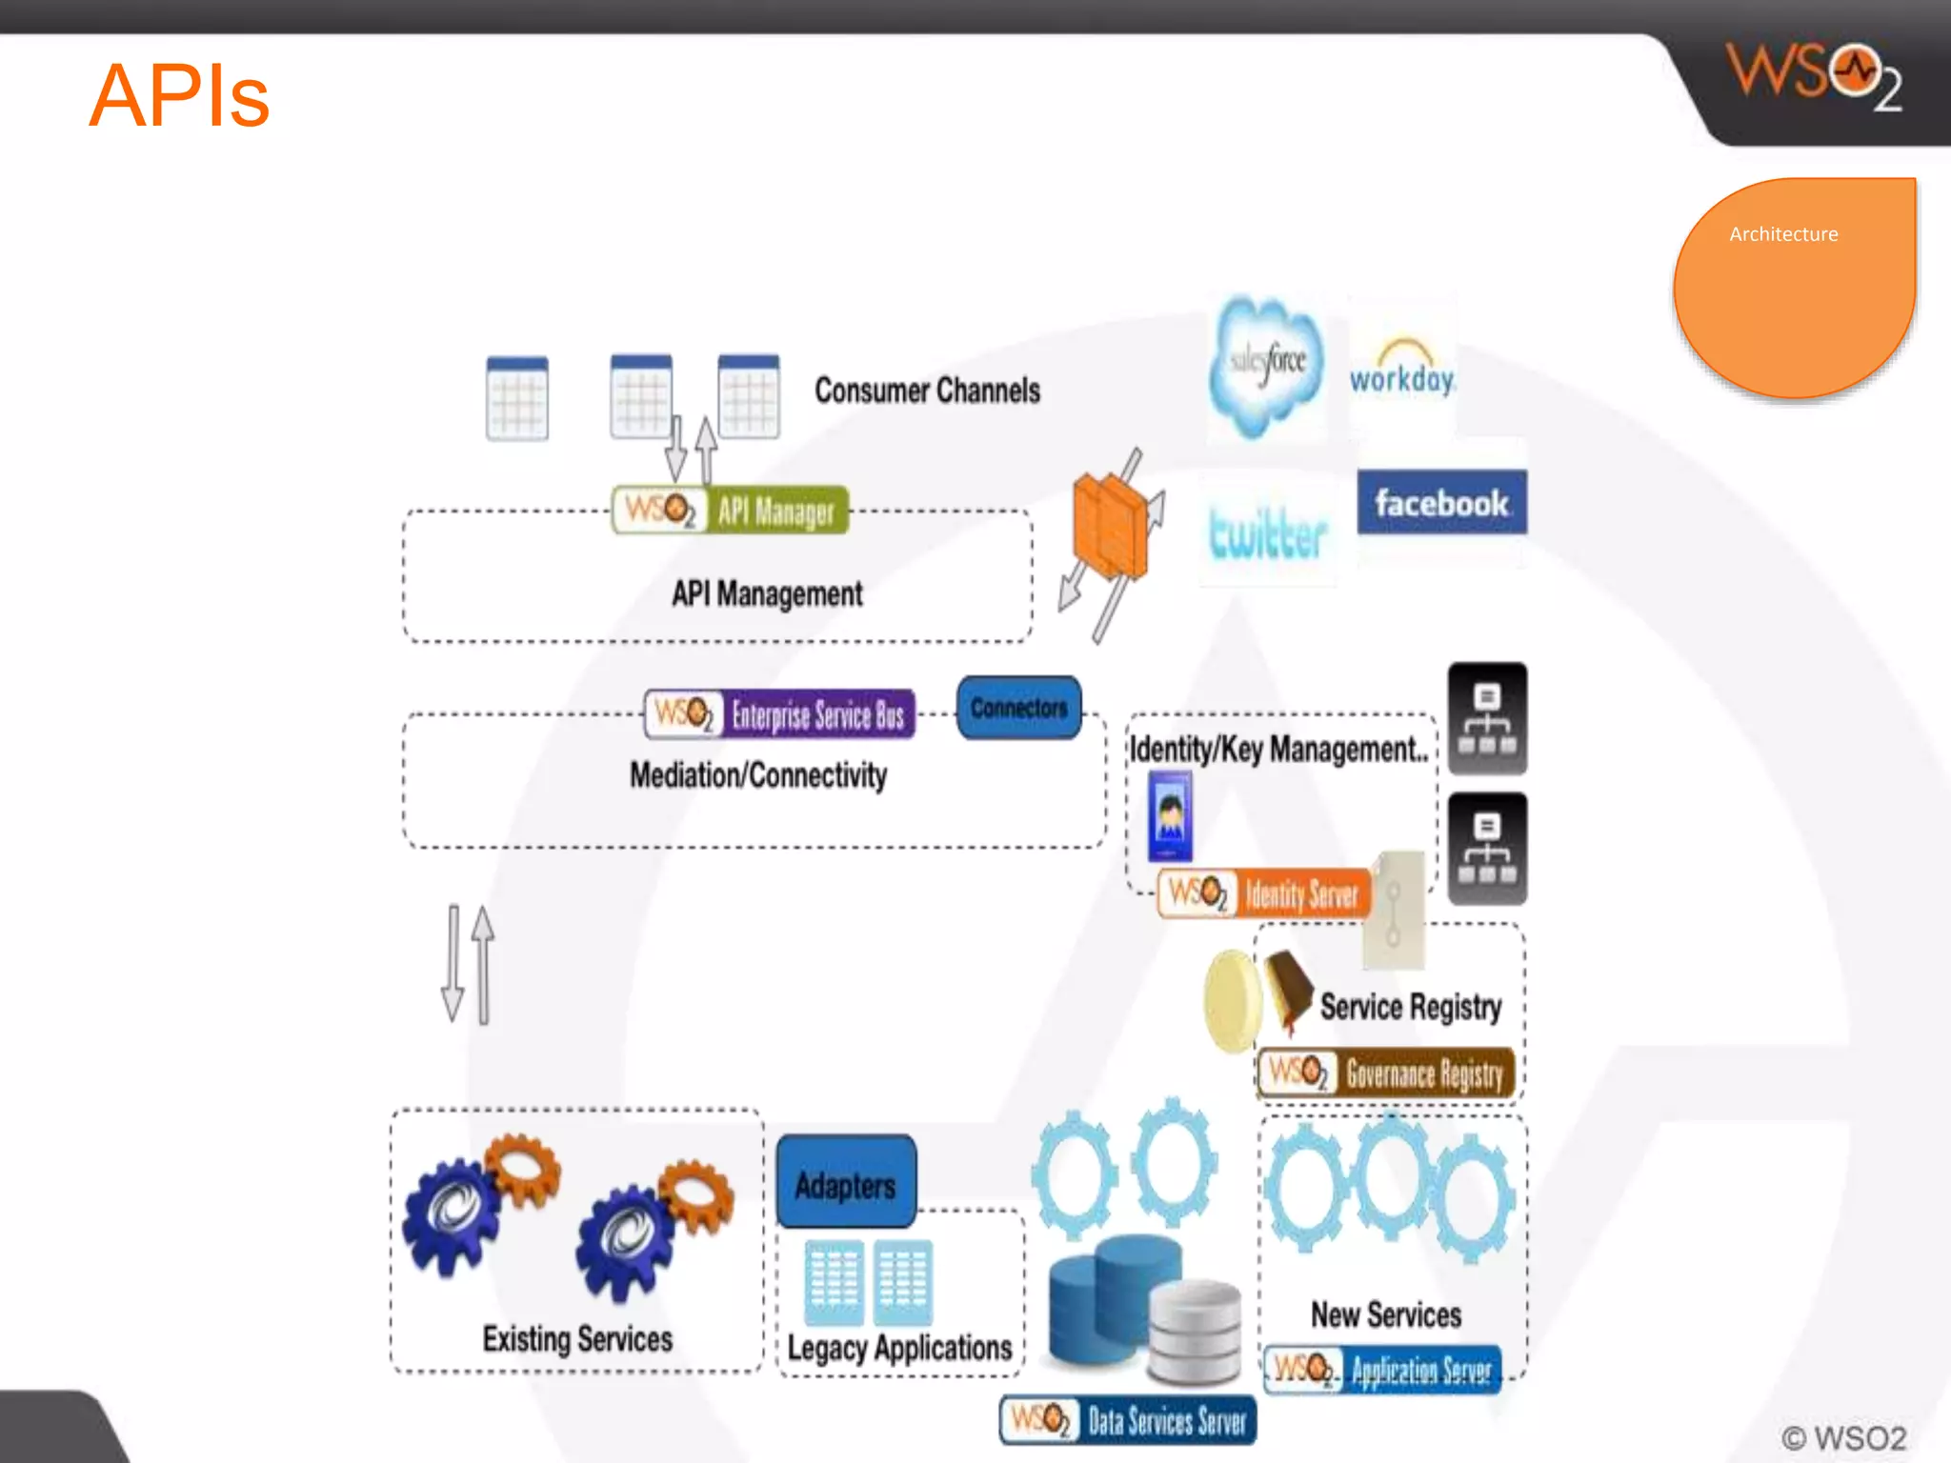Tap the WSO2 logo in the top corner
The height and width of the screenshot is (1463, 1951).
coord(1813,76)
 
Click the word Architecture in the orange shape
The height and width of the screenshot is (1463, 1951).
coord(1783,234)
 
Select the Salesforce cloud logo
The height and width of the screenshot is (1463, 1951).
coord(1266,366)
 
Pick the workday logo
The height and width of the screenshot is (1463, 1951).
coord(1401,370)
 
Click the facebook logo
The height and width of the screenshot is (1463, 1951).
coord(1441,502)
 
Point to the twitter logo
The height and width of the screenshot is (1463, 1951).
coord(1267,533)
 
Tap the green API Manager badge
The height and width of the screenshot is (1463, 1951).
coord(731,511)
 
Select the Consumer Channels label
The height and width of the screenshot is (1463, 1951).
coord(927,391)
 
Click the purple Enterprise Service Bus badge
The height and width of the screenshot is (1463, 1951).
coord(779,714)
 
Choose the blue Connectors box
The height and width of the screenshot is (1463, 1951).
coord(1018,708)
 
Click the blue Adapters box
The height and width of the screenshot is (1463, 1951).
coord(846,1184)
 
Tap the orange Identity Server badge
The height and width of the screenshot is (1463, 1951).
coord(1265,893)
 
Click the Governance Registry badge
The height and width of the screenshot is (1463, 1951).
coord(1386,1073)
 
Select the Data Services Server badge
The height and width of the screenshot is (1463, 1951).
coord(1128,1420)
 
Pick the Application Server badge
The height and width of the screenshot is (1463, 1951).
coord(1383,1370)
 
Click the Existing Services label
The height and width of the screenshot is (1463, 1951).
coord(577,1338)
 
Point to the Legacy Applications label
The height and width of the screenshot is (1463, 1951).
coord(899,1348)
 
